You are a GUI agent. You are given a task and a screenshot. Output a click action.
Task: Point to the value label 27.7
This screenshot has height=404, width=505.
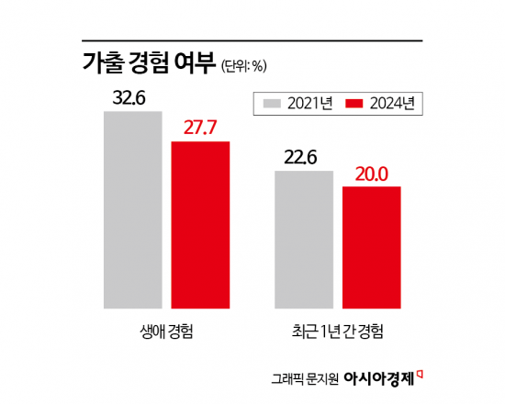tap(201, 127)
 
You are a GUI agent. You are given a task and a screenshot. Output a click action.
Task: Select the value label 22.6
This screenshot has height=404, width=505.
tap(300, 157)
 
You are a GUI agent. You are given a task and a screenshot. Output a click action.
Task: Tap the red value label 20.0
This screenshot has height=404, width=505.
tap(371, 173)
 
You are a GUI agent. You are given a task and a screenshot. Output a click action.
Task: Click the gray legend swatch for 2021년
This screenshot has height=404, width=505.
tap(271, 103)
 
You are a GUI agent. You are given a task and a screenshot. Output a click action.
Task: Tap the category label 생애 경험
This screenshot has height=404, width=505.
tap(166, 329)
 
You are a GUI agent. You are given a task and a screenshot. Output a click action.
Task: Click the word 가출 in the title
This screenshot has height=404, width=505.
tap(103, 63)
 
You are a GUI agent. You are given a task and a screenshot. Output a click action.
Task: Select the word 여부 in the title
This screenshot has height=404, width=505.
tap(196, 63)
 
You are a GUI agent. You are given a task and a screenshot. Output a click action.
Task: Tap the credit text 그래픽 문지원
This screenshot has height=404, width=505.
tap(305, 377)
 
